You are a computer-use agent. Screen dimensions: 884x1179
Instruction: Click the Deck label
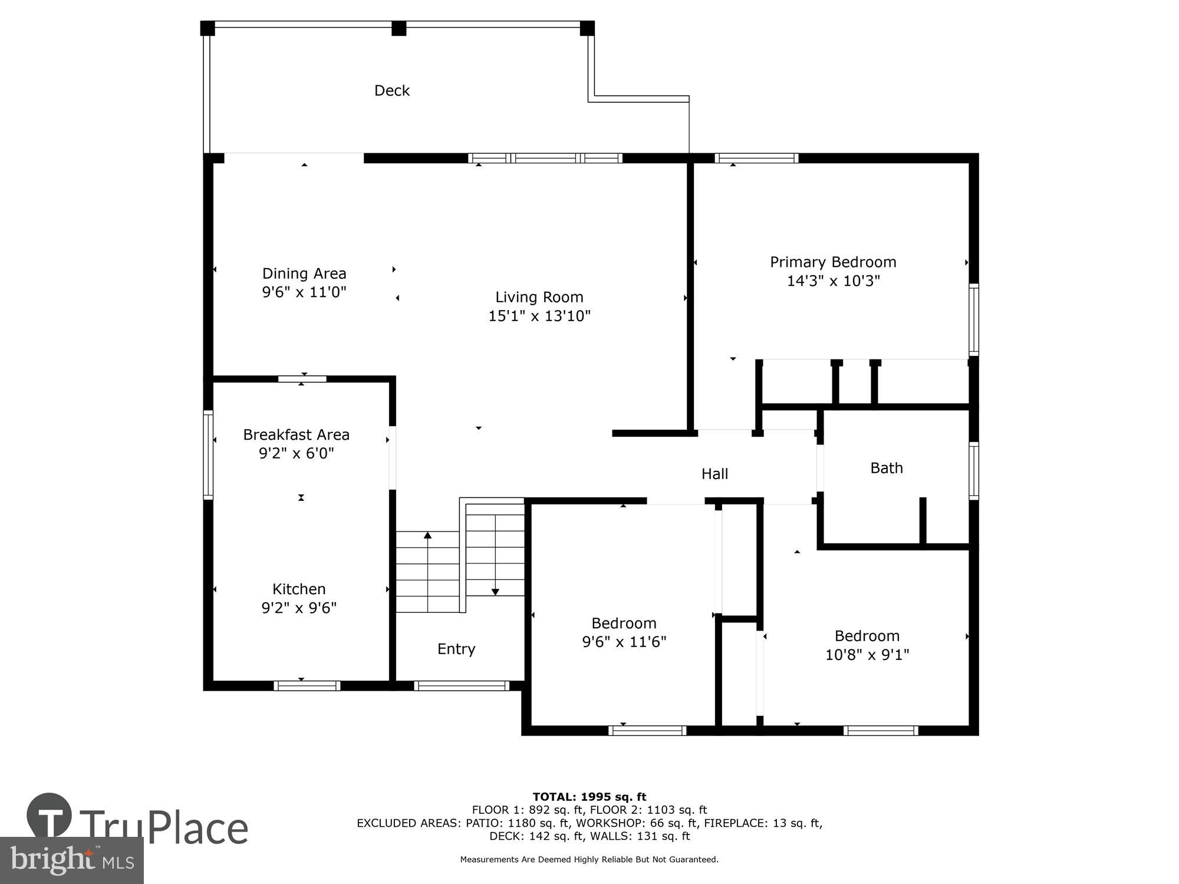392,90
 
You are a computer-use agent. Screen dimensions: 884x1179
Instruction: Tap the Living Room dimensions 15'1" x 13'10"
539,316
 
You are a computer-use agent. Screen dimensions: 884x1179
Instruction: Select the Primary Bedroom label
832,262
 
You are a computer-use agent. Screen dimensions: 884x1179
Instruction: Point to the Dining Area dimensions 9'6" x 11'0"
304,292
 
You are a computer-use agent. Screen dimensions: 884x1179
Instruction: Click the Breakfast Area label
296,434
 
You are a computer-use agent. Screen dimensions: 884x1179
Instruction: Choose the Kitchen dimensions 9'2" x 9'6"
298,608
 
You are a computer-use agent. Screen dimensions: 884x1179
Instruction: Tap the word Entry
456,649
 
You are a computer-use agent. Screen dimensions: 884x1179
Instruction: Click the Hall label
714,474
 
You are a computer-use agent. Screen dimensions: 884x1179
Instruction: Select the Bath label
886,468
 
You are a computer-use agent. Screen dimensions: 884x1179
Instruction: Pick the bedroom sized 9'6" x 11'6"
624,632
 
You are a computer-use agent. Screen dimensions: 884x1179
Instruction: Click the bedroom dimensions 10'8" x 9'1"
867,654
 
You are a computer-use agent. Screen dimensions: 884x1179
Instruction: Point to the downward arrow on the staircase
495,591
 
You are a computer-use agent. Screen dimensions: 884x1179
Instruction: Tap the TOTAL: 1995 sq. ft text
589,797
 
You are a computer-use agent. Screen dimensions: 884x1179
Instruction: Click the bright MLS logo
71,860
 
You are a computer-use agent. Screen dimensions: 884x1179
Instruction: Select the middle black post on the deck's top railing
399,28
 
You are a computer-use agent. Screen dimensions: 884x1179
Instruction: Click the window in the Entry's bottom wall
461,685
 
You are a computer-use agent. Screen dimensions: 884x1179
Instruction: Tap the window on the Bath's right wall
974,471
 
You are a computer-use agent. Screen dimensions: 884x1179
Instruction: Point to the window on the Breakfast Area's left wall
208,454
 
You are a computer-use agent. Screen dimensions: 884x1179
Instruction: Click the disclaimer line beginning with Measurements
589,859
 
